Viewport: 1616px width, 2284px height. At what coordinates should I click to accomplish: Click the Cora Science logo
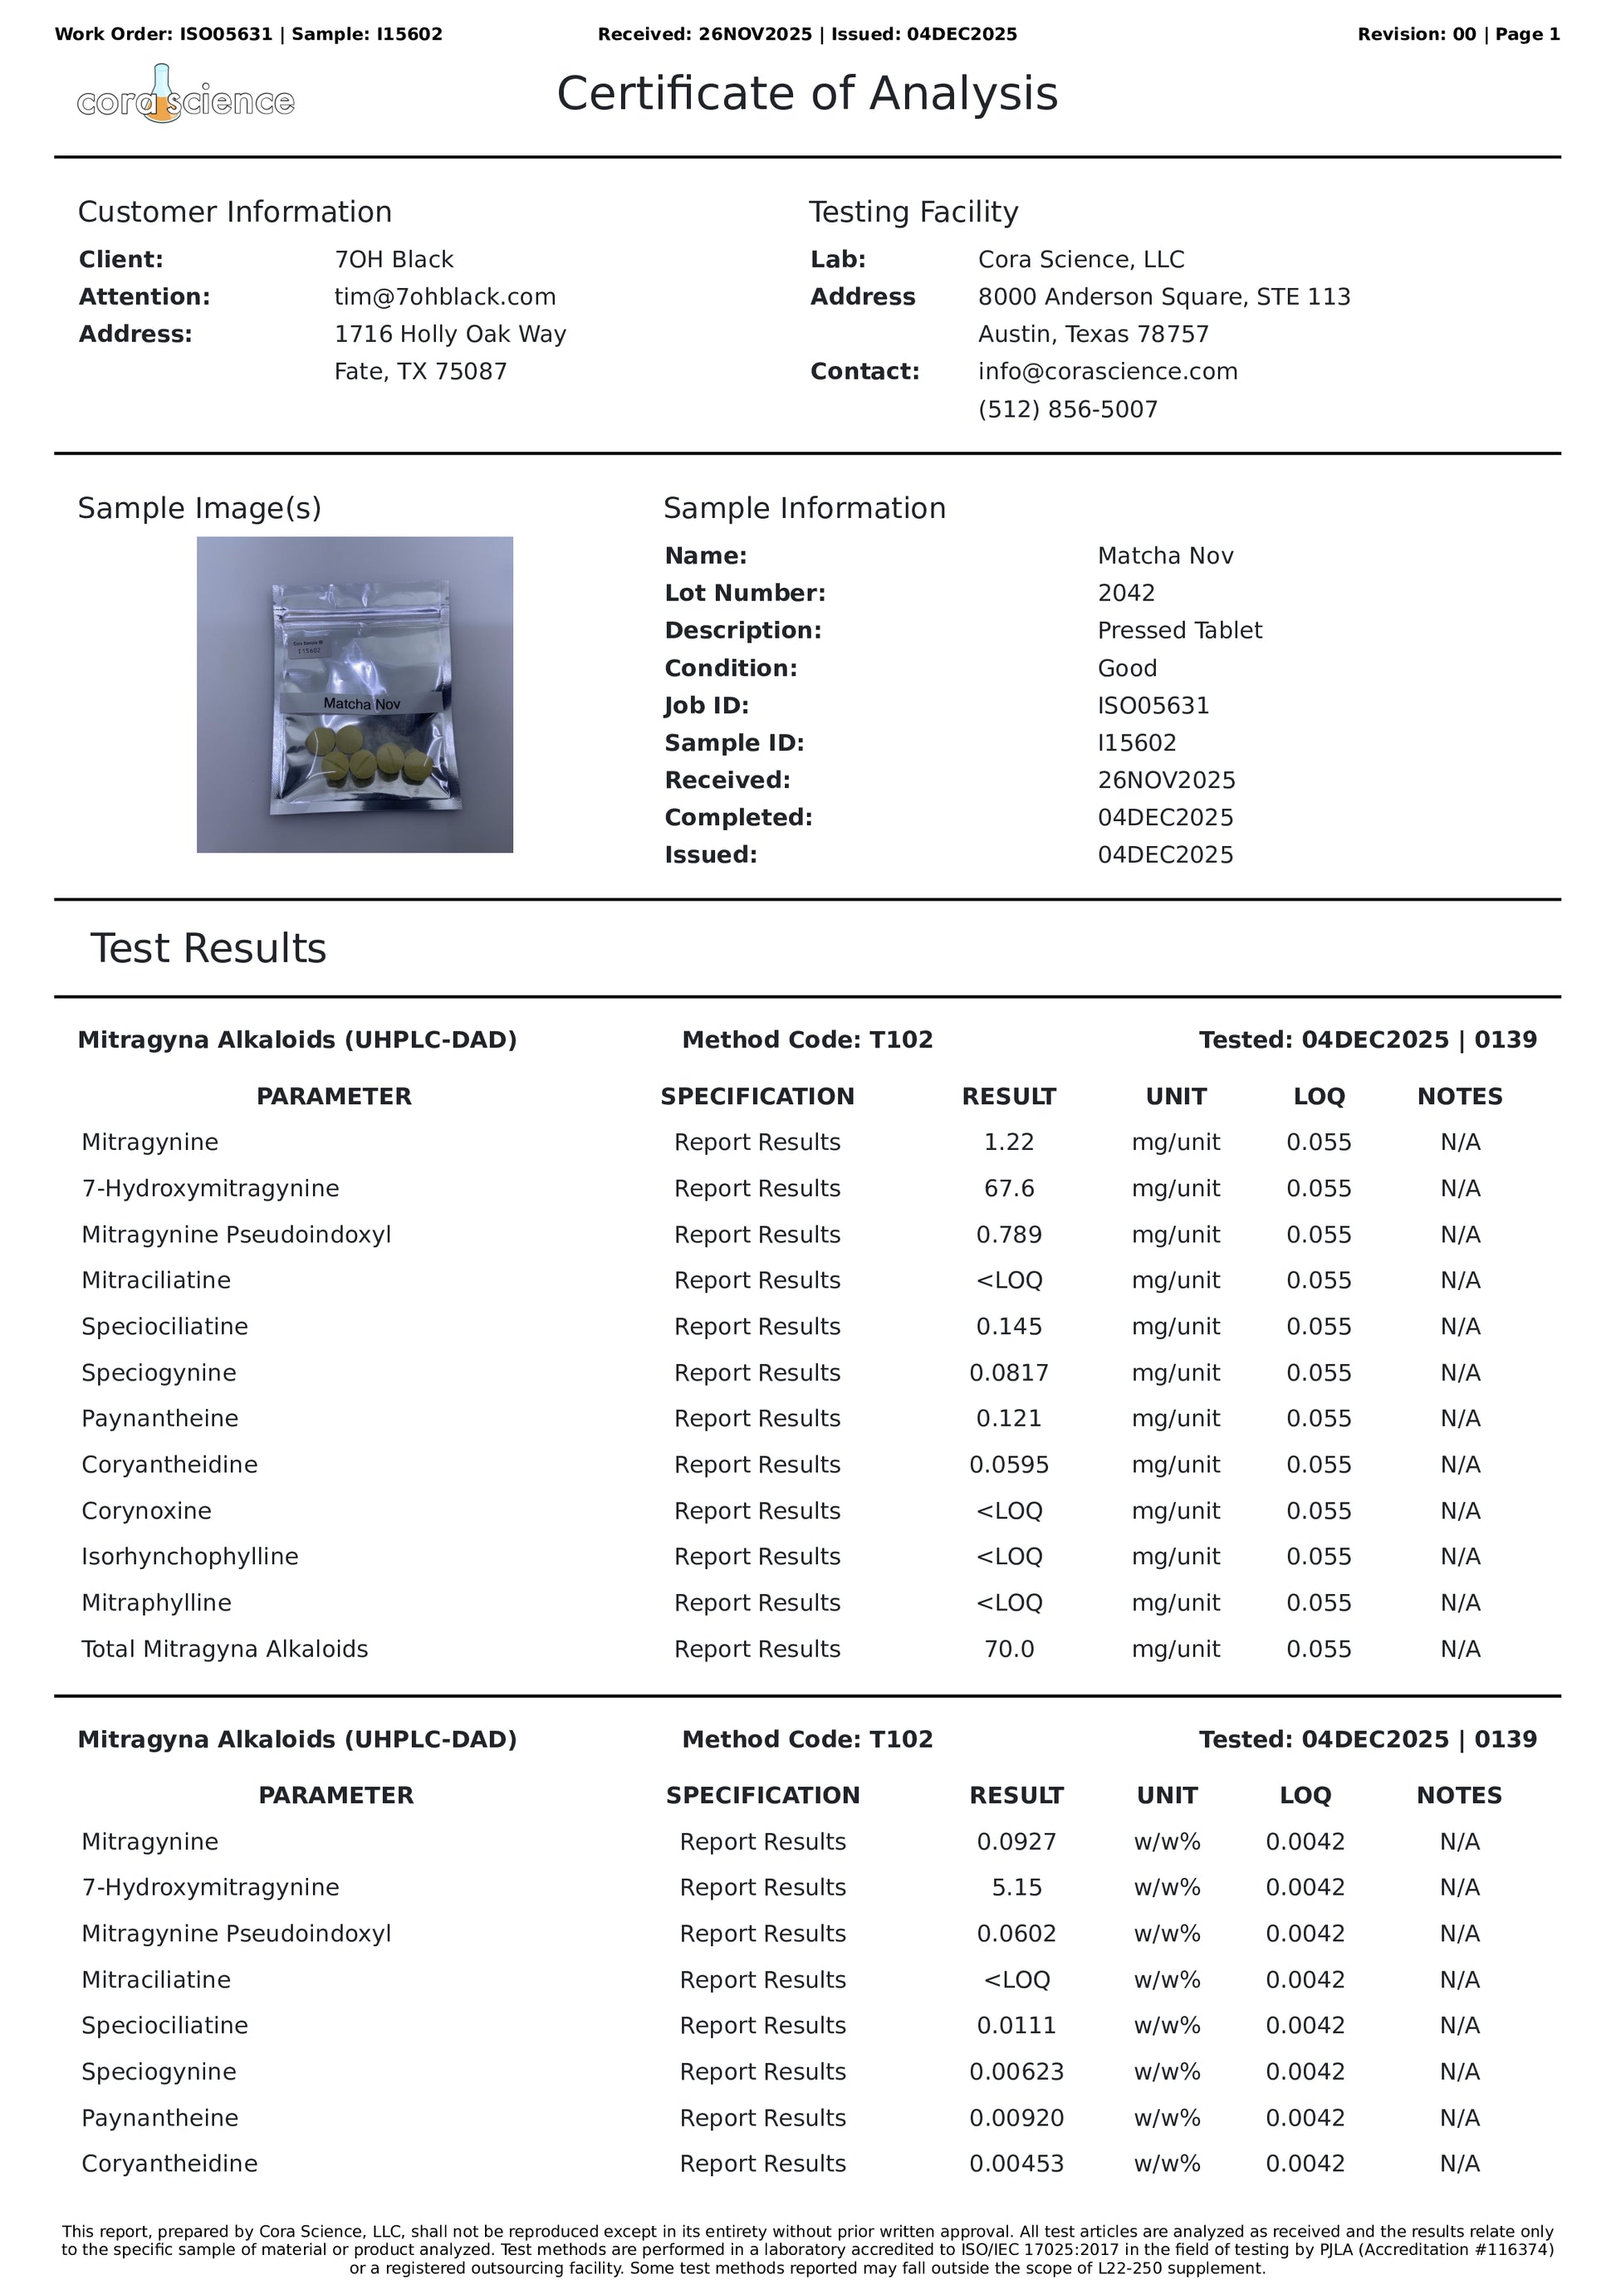click(x=185, y=97)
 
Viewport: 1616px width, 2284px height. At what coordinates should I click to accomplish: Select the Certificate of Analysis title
click(x=806, y=94)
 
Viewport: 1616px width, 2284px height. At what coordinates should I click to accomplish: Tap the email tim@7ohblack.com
click(x=445, y=296)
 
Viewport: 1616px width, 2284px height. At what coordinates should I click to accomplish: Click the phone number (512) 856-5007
click(x=1068, y=408)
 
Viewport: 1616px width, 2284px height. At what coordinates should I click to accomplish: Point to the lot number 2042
click(x=1125, y=593)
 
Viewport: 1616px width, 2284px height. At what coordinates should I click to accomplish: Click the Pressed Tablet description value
click(x=1179, y=631)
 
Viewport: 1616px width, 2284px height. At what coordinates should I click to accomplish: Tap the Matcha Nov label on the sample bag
click(x=361, y=703)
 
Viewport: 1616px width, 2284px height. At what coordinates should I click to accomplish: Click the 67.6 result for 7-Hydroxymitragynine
click(x=1008, y=1188)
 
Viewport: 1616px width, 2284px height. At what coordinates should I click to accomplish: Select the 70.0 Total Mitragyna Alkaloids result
click(x=1008, y=1648)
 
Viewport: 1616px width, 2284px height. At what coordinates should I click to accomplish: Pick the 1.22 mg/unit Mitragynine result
click(x=1008, y=1142)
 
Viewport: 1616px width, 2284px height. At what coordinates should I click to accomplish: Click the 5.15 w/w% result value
click(x=1016, y=1887)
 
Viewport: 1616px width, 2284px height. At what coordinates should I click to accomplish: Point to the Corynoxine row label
click(x=146, y=1510)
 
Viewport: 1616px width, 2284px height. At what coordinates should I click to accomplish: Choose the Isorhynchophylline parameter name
click(x=189, y=1556)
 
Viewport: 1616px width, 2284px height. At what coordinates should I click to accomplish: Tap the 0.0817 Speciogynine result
click(x=1008, y=1372)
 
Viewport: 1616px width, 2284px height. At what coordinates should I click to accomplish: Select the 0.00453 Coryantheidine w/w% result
click(x=1016, y=2164)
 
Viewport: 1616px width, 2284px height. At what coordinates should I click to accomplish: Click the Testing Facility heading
click(x=913, y=212)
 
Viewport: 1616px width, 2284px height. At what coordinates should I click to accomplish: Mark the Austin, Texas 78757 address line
click(x=1093, y=335)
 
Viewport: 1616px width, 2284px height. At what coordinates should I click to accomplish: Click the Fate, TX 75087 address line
click(x=420, y=371)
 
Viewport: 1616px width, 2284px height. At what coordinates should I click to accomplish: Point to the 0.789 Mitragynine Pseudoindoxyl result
click(x=1008, y=1235)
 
